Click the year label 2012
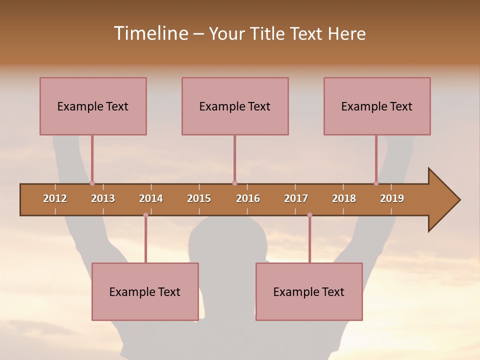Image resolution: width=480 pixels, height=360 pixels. pos(55,198)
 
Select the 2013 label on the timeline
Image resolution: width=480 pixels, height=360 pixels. pos(103,198)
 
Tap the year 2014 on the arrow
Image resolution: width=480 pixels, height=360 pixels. pos(151,198)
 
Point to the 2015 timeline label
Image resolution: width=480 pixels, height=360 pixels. pos(199,198)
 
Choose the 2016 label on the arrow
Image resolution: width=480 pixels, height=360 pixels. pos(248,198)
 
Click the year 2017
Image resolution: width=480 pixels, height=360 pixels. pos(296,198)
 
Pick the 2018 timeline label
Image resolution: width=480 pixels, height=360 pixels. pos(344,198)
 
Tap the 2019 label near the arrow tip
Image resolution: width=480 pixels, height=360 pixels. pos(392,198)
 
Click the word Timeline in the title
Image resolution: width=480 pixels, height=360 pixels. pos(150,33)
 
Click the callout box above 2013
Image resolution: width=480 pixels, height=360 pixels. pos(93,106)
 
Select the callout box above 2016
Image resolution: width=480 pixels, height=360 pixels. pos(235,106)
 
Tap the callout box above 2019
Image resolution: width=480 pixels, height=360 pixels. pos(377,106)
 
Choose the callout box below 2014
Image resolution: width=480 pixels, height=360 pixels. pos(145,291)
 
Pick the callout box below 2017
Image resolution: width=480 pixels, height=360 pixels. pos(309,291)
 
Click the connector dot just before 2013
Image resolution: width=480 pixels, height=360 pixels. pos(92,183)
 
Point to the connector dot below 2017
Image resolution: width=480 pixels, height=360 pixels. pos(309,215)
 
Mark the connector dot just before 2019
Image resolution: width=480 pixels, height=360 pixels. pos(376,183)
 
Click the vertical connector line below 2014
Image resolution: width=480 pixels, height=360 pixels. pos(145,240)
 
